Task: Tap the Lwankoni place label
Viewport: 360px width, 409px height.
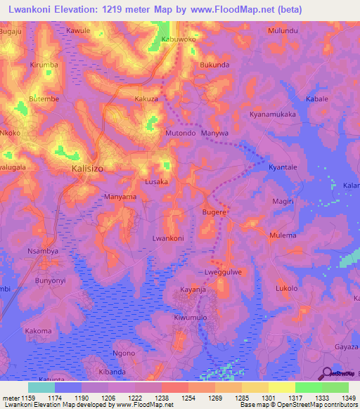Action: point(168,239)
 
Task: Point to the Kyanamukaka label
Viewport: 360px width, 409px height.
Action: point(273,114)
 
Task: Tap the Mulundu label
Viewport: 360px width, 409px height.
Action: point(283,31)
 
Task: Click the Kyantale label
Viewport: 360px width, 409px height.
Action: point(281,167)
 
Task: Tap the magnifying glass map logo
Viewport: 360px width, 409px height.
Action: point(325,374)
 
